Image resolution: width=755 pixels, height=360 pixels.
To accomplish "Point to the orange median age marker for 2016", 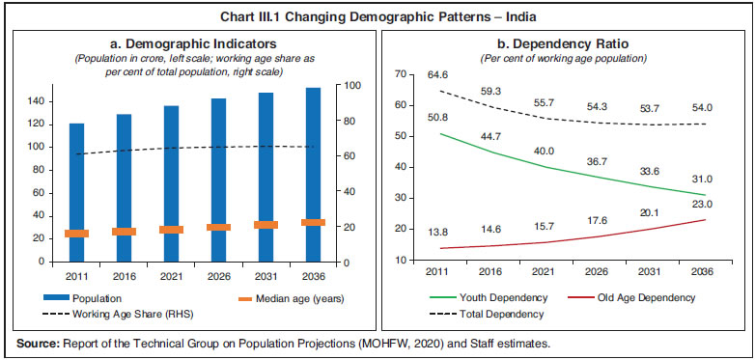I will (x=125, y=232).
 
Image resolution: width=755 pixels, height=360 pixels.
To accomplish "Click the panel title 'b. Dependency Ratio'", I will (x=565, y=43).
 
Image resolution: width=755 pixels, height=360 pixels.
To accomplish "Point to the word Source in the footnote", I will (x=29, y=344).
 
